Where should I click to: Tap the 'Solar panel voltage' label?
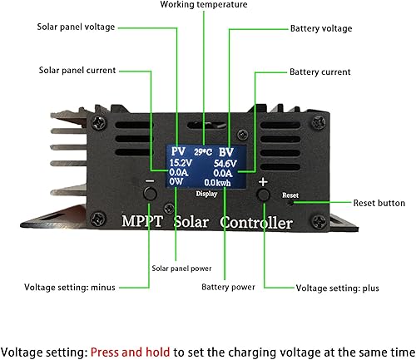click(76, 27)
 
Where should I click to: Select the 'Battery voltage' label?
click(321, 28)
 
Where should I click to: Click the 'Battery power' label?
click(227, 288)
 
